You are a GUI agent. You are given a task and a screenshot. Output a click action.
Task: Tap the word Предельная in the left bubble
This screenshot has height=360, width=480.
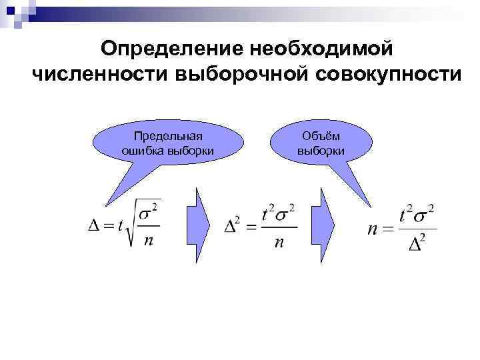pos(167,137)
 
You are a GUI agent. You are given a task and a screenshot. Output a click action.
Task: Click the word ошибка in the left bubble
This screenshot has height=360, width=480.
pos(142,151)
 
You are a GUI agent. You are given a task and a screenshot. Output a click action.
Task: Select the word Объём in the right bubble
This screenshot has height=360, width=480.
pos(321,137)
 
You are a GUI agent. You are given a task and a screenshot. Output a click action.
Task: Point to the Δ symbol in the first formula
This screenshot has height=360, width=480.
pos(93,224)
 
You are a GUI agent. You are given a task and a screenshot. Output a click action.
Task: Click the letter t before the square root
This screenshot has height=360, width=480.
pos(119,225)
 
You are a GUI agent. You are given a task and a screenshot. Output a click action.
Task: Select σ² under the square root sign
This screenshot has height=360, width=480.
pos(150,211)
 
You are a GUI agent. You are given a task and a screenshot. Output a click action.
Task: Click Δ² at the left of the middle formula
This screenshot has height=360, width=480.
pos(233,227)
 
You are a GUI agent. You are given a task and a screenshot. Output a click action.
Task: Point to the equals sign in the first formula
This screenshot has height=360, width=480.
pos(106,225)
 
